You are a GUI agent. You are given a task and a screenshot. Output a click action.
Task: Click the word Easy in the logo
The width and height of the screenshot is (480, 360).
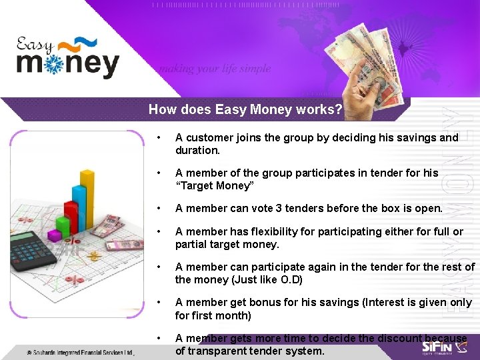[35, 45]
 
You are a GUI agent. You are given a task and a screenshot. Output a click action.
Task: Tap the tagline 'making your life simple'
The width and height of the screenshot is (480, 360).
[214, 68]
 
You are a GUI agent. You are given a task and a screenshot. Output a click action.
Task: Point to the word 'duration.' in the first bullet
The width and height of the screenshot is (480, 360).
[197, 150]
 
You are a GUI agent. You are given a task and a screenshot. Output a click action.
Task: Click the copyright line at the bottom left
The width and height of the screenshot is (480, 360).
[80, 352]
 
